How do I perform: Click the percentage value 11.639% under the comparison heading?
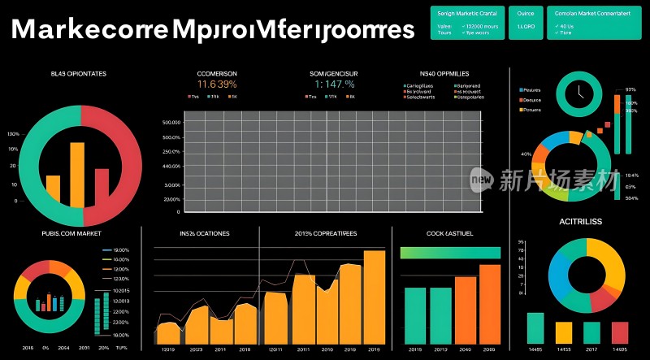pos(217,84)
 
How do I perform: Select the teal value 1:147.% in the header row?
pos(334,84)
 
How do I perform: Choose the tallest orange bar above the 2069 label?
pos(489,305)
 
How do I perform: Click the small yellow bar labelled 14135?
pos(563,332)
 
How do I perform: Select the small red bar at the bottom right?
pos(620,332)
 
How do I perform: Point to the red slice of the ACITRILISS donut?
pos(602,300)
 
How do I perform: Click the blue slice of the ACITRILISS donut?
pos(560,276)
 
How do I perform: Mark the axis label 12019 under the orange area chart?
pos(169,349)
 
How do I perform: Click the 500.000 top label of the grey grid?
pos(171,123)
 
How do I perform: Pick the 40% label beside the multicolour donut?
pos(526,154)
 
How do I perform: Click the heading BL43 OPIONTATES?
pos(79,74)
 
